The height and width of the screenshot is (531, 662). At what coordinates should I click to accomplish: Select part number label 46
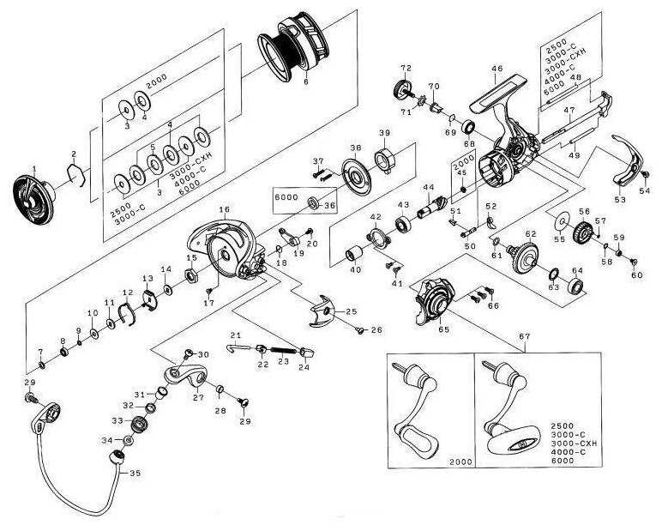(496, 68)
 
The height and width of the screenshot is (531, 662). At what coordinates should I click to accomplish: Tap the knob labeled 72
(401, 89)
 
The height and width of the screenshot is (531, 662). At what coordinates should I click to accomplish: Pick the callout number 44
(428, 188)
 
